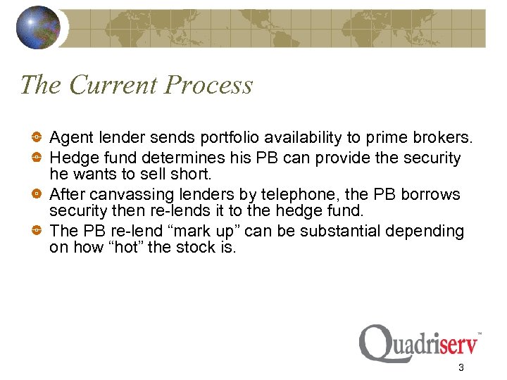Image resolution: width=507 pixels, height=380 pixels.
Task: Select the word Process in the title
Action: click(x=208, y=85)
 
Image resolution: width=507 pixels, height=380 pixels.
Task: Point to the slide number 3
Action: click(x=461, y=367)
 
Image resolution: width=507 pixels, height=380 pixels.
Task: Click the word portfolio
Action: click(x=224, y=137)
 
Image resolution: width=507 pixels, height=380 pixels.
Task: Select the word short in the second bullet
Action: click(x=193, y=173)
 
